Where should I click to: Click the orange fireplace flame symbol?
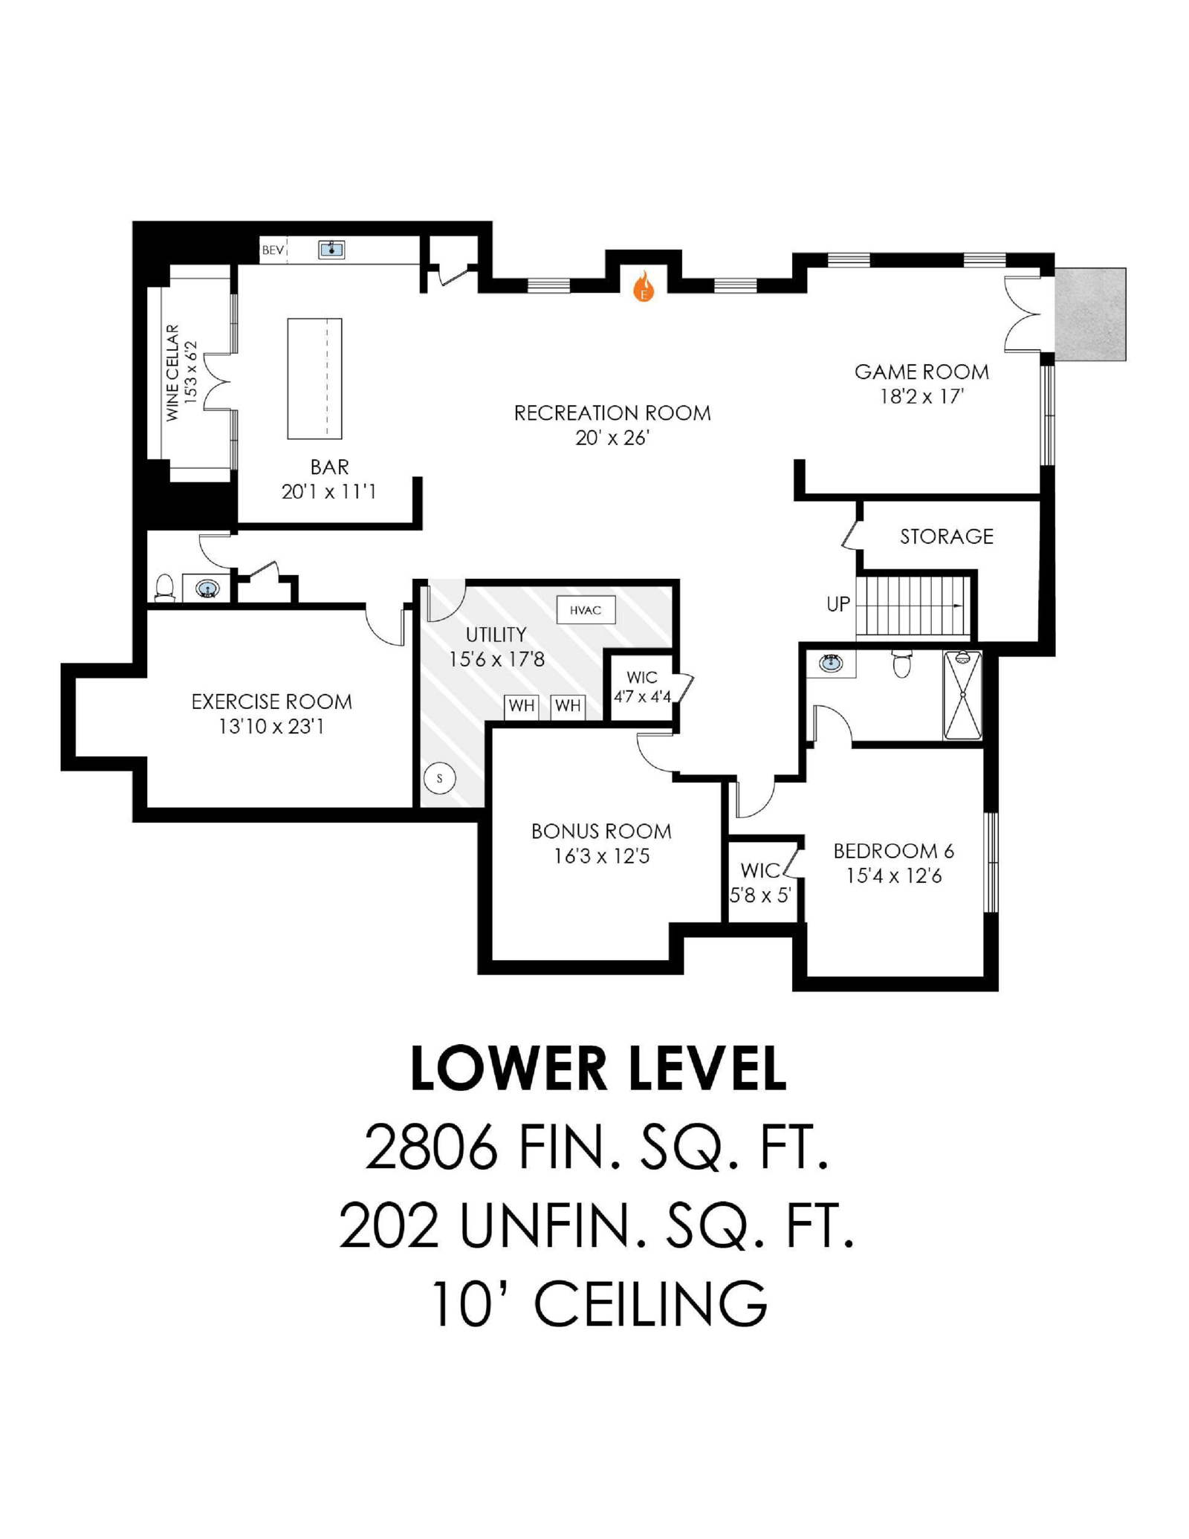(644, 287)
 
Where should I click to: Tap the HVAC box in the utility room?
(586, 610)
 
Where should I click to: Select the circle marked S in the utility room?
(440, 778)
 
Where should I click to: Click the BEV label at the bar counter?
(273, 250)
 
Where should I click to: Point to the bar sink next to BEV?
(331, 249)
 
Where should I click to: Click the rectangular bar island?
(315, 378)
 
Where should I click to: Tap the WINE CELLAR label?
(172, 373)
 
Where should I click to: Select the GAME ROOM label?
(921, 372)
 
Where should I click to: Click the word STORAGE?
(947, 537)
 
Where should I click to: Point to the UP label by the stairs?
(838, 604)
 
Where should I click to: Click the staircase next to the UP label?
(913, 606)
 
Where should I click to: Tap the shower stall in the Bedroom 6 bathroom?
(962, 695)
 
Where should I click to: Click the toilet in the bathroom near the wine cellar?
(164, 588)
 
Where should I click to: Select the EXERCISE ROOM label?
(272, 702)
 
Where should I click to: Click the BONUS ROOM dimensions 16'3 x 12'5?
(602, 856)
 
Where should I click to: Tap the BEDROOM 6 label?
(894, 851)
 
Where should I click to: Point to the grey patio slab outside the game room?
(1090, 314)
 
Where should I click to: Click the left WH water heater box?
(522, 706)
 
